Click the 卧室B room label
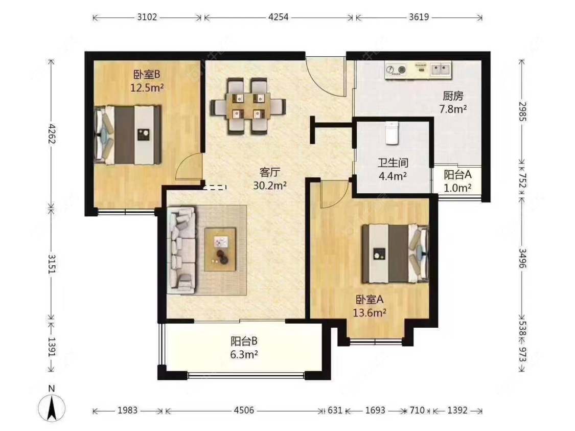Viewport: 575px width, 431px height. click(x=147, y=75)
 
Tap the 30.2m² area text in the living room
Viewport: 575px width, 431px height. click(x=270, y=186)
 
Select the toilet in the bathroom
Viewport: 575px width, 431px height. click(x=392, y=133)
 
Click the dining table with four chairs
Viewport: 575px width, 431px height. click(x=248, y=106)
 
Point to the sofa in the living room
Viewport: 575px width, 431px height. click(x=181, y=251)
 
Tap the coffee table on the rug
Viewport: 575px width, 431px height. click(x=220, y=249)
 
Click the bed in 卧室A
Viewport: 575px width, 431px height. click(x=395, y=254)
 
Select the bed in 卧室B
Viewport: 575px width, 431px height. click(x=128, y=135)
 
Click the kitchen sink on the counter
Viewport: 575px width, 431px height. click(x=441, y=69)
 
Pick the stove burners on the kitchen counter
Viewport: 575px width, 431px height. click(x=396, y=70)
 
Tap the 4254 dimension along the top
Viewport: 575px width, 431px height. click(x=279, y=17)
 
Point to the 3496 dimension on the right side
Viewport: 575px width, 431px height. click(x=522, y=258)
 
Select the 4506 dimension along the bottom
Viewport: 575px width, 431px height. click(x=244, y=410)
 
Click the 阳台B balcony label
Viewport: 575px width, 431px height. click(x=244, y=341)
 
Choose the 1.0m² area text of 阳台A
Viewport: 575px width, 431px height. click(x=457, y=188)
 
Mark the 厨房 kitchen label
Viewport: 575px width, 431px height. click(x=453, y=96)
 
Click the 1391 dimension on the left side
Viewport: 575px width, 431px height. click(x=52, y=347)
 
